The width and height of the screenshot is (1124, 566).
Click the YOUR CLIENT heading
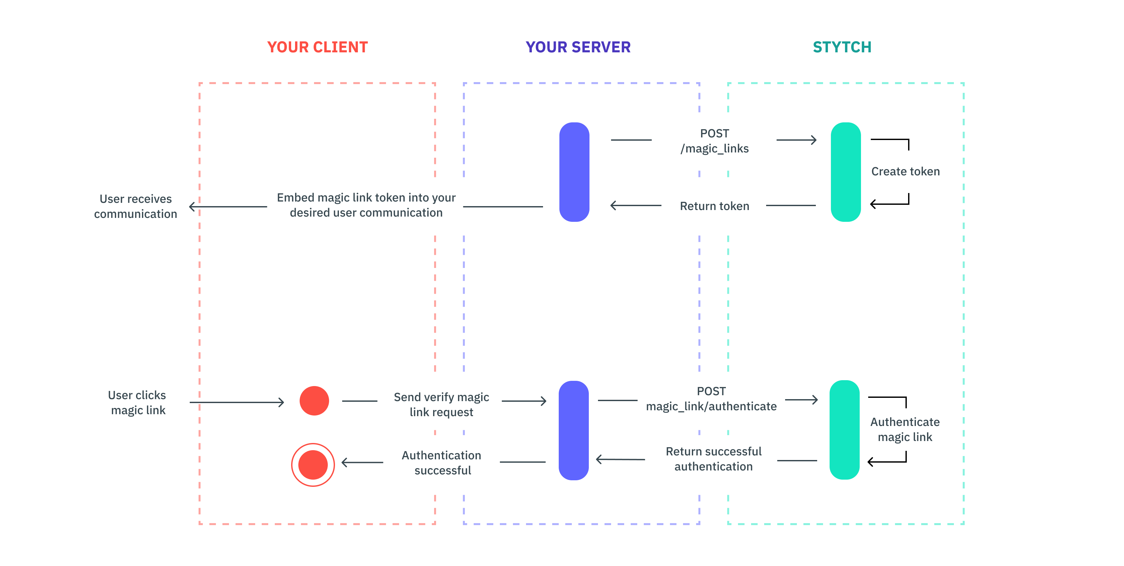[x=317, y=47]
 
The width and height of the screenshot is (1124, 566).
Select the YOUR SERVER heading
[x=578, y=47]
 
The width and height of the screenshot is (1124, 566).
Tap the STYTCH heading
[x=842, y=47]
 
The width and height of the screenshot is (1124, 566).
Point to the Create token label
[x=905, y=171]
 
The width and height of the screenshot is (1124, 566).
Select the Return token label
[x=714, y=206]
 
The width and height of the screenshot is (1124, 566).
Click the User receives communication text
[x=136, y=206]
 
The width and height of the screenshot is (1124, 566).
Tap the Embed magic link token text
[x=366, y=205]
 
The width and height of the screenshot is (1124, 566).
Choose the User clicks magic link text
[x=137, y=402]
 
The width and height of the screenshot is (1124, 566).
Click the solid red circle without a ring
[x=314, y=400]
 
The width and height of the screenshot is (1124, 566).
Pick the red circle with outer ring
[x=313, y=465]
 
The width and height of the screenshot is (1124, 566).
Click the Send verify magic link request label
[x=441, y=404]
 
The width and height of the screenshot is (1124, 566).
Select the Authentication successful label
[x=442, y=463]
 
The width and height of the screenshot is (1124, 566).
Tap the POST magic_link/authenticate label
[x=711, y=399]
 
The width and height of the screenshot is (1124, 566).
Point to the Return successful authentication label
[x=713, y=459]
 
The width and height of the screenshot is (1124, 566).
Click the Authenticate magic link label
[x=904, y=430]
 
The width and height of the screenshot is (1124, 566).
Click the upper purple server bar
[x=574, y=172]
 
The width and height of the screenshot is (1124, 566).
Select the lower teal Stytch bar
[x=844, y=430]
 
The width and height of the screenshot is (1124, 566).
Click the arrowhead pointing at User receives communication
[x=192, y=206]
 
